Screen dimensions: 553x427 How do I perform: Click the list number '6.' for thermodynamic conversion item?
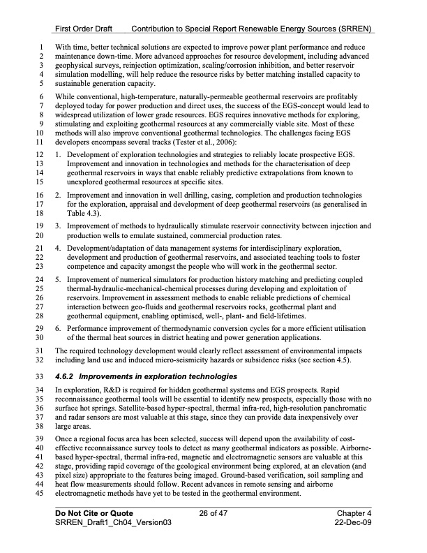coord(59,327)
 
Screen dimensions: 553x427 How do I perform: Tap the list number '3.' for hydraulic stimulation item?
coord(59,226)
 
